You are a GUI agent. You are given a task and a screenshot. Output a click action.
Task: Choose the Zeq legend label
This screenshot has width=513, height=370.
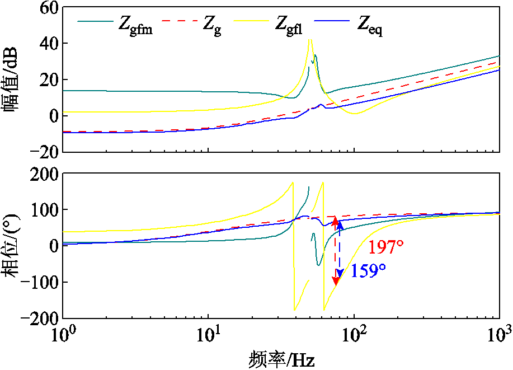tap(370, 25)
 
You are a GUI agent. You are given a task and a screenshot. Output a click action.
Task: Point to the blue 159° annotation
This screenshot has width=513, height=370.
tap(368, 271)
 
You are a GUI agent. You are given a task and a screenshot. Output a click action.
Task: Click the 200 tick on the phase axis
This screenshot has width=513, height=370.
tap(43, 174)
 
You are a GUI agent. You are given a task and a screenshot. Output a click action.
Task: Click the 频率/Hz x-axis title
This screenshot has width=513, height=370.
tap(282, 358)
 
